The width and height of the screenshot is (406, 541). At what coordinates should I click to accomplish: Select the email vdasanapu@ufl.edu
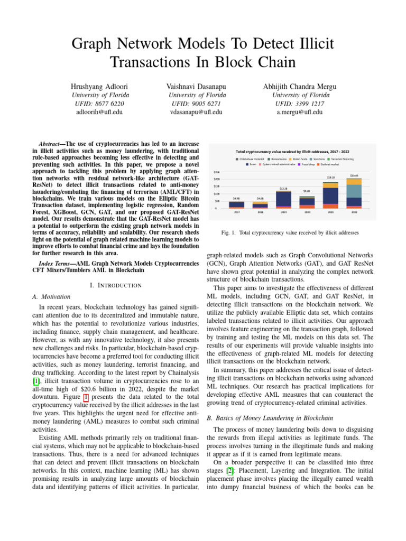pyautogui.click(x=196, y=112)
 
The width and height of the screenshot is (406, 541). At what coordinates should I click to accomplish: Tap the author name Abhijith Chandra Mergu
pyautogui.click(x=299, y=86)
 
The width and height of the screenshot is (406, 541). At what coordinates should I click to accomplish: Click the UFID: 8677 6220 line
pyautogui.click(x=100, y=104)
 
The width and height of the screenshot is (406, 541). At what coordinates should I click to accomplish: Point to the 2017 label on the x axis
pyautogui.click(x=236, y=212)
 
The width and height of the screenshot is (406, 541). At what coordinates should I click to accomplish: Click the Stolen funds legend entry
pyautogui.click(x=299, y=159)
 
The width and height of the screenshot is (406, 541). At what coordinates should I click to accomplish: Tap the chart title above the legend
pyautogui.click(x=293, y=151)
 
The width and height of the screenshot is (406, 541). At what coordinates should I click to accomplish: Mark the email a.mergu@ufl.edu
pyautogui.click(x=299, y=112)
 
